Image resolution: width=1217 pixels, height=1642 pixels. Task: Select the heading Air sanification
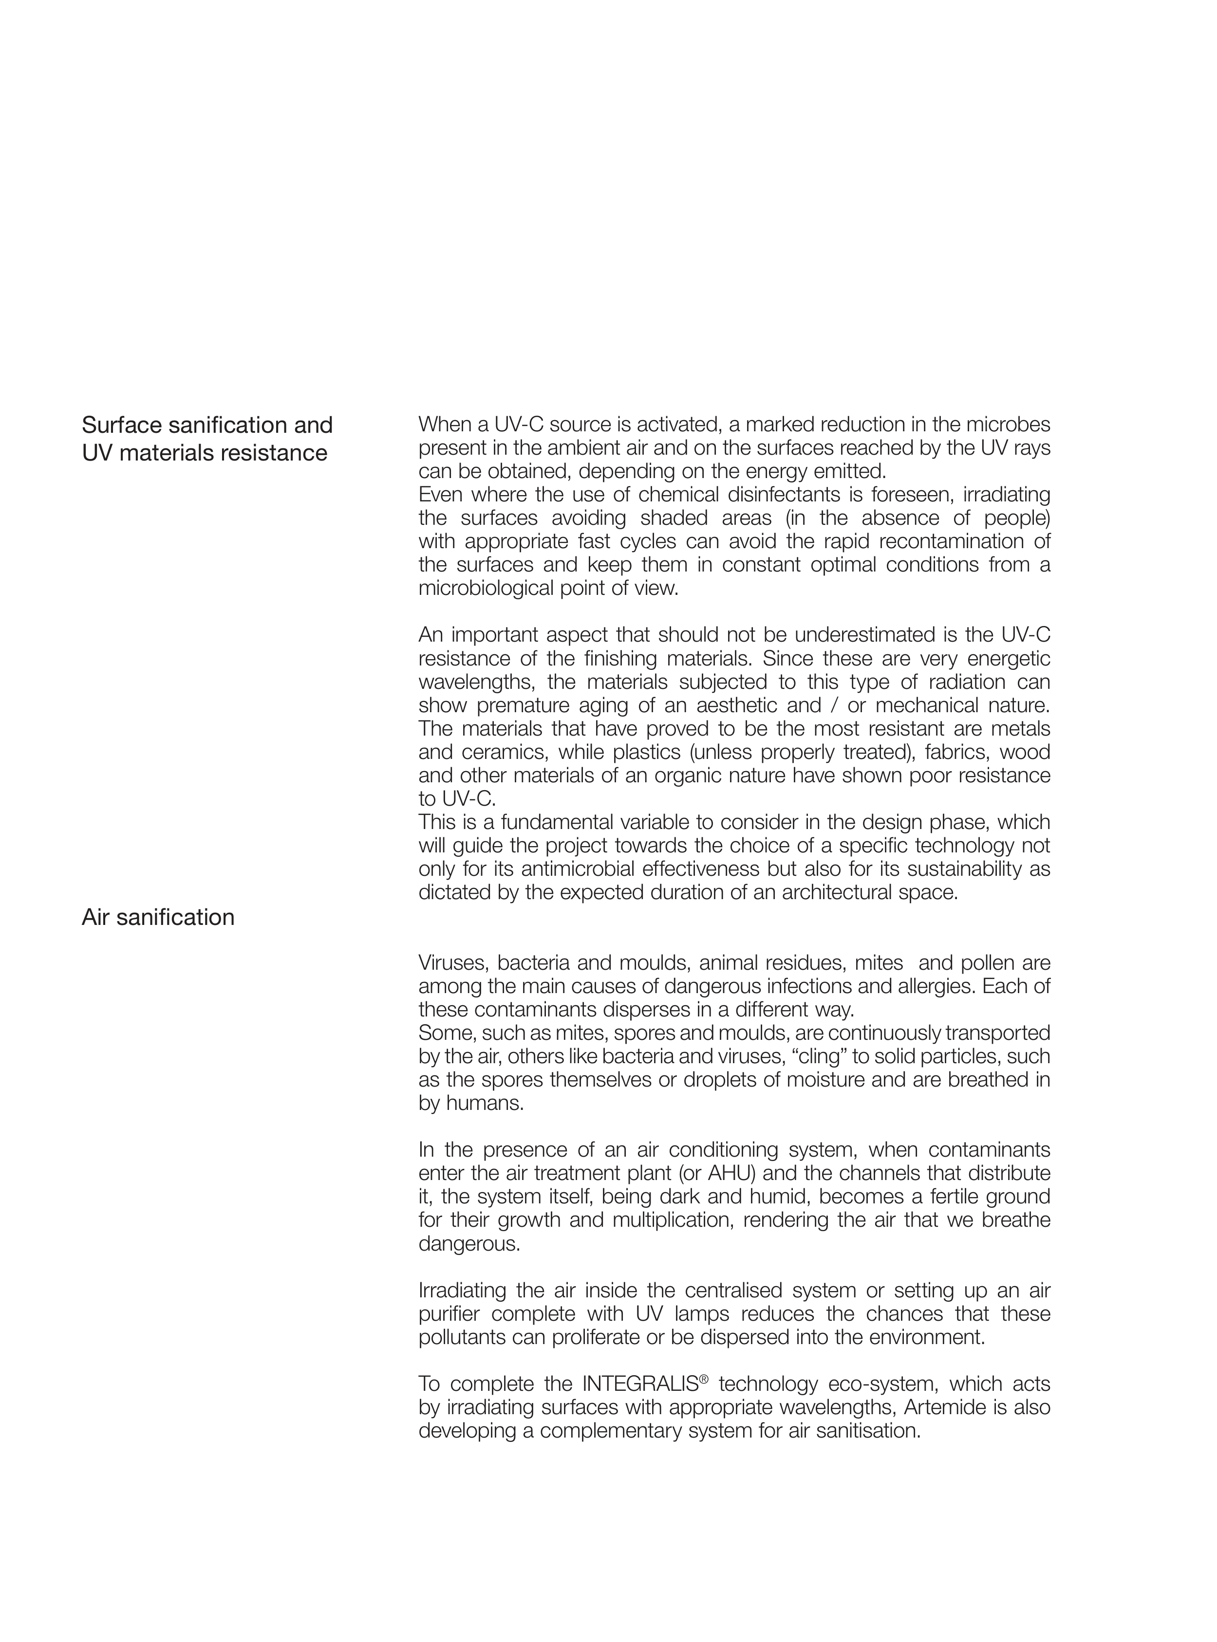[158, 918]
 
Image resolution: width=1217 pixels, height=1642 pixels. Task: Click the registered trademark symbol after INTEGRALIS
[704, 1379]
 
